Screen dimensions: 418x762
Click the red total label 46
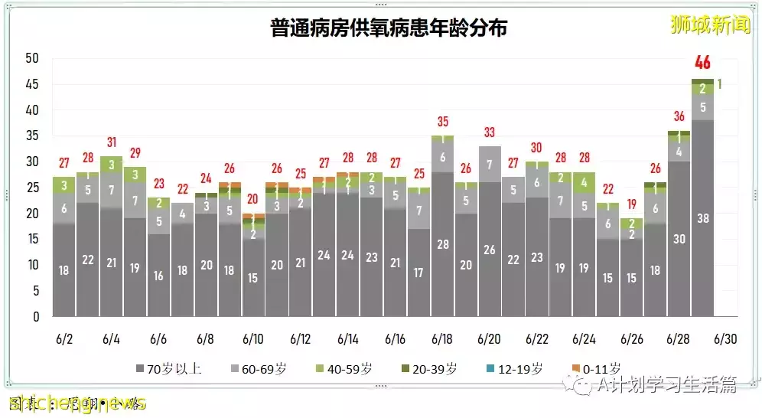702,64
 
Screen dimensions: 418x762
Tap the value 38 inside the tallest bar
702,217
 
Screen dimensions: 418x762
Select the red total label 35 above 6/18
442,121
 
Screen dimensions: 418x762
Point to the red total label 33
490,132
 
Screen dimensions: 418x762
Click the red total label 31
112,142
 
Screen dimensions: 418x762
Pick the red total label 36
679,116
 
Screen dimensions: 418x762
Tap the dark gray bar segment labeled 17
418,272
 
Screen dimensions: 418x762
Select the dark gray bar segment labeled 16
158,275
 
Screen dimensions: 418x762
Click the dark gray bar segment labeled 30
679,238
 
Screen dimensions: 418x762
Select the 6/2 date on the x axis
64,338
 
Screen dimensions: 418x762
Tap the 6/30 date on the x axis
725,338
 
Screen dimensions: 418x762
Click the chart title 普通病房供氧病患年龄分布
389,28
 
